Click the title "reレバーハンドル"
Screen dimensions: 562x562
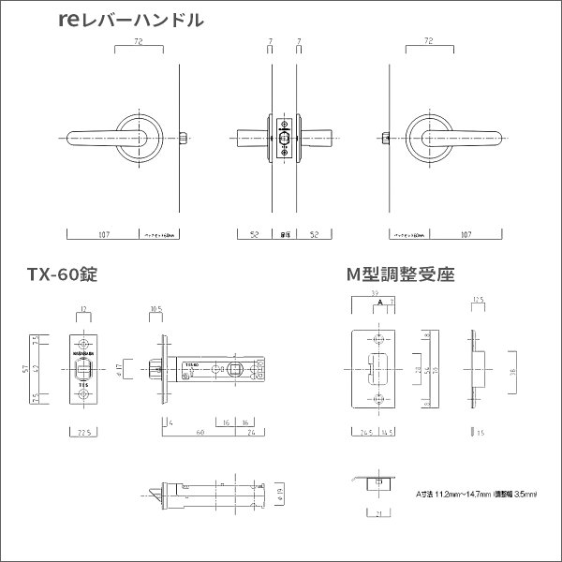[129, 20]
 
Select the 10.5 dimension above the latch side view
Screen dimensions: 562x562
[156, 307]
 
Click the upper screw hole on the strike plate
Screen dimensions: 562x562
[378, 339]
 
